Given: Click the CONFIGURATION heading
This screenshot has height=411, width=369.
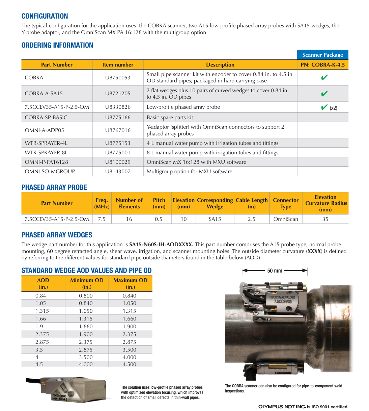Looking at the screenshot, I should pos(45,16).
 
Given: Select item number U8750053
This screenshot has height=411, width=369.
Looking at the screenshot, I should pos(118,77).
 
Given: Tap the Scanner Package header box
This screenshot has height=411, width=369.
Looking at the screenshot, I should pos(322,55).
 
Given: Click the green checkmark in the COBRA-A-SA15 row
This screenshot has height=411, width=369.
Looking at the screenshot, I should pos(324,94).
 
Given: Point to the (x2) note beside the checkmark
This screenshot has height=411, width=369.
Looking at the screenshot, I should pos(333,108).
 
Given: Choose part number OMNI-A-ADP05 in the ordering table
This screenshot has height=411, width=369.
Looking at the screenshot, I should pos(44,130).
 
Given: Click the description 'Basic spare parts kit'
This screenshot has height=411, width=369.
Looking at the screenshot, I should pos(170,118).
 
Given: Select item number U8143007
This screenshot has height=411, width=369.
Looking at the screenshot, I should pos(118,172).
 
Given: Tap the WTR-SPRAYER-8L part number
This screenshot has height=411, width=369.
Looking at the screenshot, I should pos(46,153).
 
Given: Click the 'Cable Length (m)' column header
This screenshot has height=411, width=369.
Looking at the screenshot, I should pos(252,203).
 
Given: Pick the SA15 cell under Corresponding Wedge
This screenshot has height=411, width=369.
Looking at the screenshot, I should pos(215,219).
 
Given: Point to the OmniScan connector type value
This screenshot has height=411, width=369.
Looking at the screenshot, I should pos(286,219).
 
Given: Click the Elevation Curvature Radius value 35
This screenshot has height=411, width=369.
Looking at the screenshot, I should pos(325,219).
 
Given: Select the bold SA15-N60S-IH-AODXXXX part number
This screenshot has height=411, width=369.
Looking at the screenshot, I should pos(161,245).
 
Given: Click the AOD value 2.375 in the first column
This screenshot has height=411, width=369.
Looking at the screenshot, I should pos(42,334).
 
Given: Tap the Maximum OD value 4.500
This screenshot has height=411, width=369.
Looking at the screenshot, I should pos(130,364).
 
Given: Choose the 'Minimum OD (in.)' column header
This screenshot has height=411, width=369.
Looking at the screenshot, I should pos(87,283).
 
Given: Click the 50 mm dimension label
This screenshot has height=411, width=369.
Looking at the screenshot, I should pos(275,271).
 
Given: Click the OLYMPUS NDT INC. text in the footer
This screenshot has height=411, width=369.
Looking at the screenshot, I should pos(282,407).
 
